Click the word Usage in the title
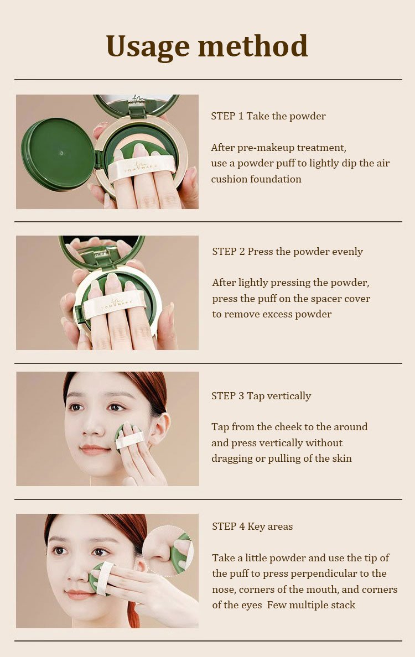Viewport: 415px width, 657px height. (x=148, y=47)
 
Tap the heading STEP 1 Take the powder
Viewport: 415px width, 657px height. (x=268, y=116)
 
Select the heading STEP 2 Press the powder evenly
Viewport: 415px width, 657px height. (x=288, y=252)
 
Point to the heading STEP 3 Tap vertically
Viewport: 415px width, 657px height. (x=261, y=396)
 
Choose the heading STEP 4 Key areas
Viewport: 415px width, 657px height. (x=252, y=526)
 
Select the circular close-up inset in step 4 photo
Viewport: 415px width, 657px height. (x=168, y=551)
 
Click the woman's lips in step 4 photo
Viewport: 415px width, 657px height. (x=78, y=594)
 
